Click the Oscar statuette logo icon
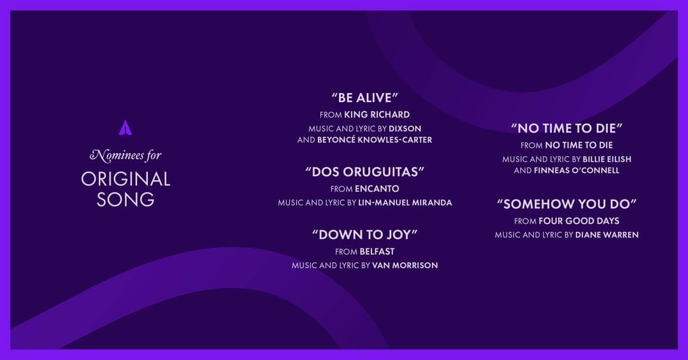point(125,127)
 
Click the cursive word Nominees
point(117,155)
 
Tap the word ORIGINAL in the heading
point(125,179)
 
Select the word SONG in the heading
point(125,199)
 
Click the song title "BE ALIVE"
point(365,98)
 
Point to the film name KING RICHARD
point(376,115)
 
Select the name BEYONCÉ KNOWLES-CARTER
point(375,140)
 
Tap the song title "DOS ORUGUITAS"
point(365,172)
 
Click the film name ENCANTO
point(377,189)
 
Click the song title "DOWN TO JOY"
point(365,234)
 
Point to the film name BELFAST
point(377,252)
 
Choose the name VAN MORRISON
point(405,266)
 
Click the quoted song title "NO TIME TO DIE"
point(567,128)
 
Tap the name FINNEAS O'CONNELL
point(577,171)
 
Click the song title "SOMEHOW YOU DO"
point(567,205)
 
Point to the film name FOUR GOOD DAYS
point(578,221)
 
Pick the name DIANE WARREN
point(606,235)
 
